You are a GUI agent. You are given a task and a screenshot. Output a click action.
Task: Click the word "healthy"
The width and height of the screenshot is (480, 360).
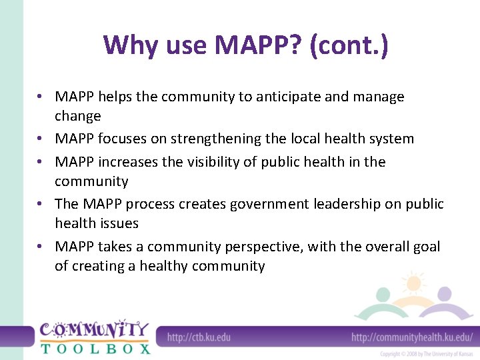(x=164, y=266)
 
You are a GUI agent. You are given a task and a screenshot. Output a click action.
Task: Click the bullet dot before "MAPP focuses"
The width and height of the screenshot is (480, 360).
(x=41, y=139)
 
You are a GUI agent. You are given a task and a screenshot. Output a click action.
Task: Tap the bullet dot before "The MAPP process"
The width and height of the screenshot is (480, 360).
(x=41, y=204)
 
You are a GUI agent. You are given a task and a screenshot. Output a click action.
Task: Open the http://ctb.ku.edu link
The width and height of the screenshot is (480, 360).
(x=199, y=337)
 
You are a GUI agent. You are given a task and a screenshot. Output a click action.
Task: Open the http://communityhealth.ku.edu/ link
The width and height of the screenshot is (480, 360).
(x=412, y=337)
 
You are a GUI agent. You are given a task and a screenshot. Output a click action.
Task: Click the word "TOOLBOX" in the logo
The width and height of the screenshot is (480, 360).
(x=95, y=348)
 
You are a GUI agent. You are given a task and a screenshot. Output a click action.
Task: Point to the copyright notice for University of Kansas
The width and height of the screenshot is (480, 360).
(x=426, y=354)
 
